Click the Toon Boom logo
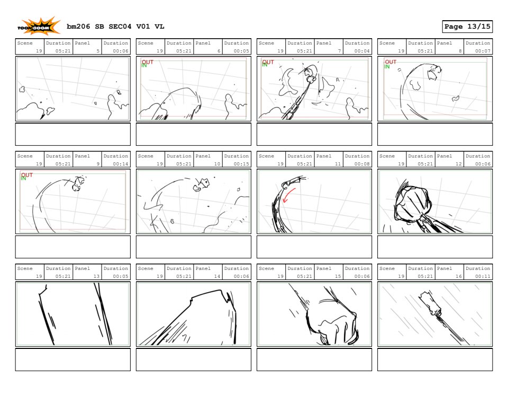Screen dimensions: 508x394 pos(39,27)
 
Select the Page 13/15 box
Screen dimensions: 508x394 pos(467,27)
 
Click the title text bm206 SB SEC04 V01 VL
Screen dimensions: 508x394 pos(115,27)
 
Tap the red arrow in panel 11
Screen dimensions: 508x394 pos(288,195)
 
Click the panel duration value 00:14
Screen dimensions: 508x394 pos(121,164)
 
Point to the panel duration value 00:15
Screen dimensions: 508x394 pos(241,164)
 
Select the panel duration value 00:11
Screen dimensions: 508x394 pos(483,276)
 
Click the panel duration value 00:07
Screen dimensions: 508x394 pos(483,51)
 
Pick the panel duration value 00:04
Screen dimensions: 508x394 pos(362,51)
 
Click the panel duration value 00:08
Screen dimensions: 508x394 pos(362,164)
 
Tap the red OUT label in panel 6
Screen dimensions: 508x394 pos(148,62)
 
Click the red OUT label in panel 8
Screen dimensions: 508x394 pos(391,62)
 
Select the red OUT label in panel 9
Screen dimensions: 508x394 pos(27,175)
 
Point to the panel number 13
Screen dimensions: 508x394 pos(96,276)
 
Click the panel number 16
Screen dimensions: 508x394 pos(458,276)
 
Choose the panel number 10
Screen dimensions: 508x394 pos(217,164)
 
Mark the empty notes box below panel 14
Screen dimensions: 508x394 pos(194,360)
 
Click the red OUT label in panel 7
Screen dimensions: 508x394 pos(268,62)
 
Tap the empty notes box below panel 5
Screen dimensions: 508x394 pos(73,134)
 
